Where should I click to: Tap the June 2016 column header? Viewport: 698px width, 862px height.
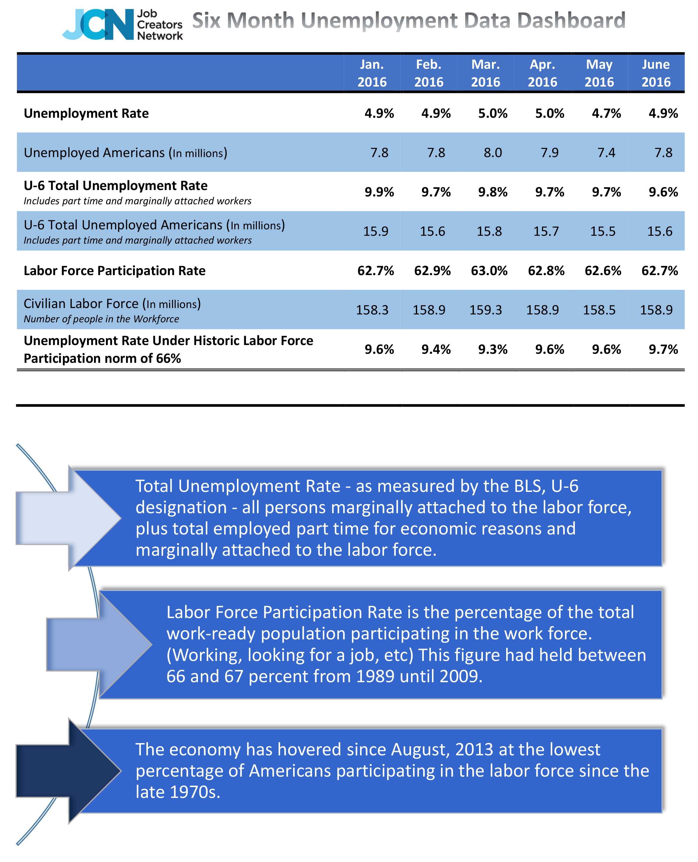(656, 73)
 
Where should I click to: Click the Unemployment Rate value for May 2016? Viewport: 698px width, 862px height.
(606, 113)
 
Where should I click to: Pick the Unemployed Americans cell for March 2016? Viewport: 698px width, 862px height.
(493, 152)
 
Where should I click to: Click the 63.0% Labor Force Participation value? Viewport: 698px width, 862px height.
(489, 270)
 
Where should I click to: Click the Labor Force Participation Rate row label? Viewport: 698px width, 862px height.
(115, 270)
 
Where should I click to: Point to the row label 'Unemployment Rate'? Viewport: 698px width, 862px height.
(86, 113)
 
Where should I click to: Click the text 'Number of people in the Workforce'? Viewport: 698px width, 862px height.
(101, 319)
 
